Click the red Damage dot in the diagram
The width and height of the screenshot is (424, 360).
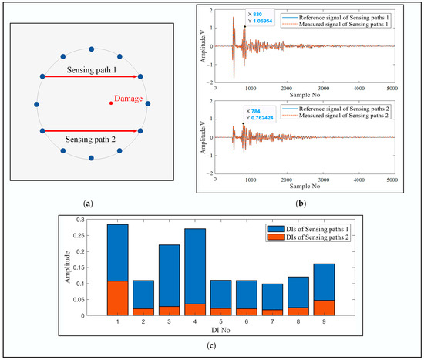[x=111, y=103]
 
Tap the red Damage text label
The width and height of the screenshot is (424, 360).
[x=128, y=99]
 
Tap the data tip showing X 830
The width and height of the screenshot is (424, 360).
[x=260, y=19]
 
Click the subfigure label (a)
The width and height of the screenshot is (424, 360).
[x=90, y=203]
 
